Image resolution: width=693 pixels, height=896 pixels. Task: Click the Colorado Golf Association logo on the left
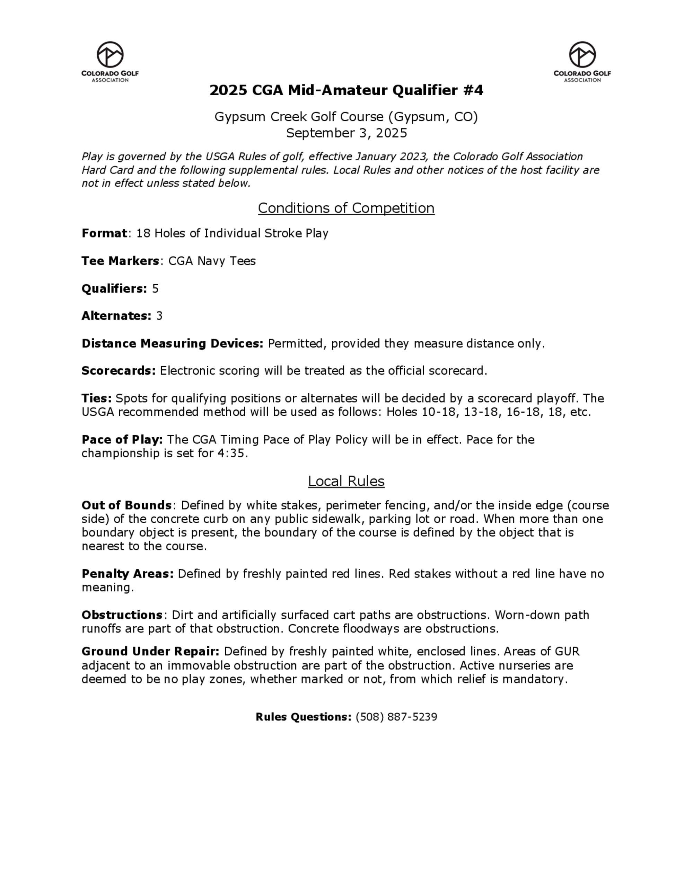[x=110, y=62]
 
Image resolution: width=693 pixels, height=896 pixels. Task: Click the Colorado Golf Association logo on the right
[x=582, y=62]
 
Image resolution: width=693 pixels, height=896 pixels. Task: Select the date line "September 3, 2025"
[x=346, y=133]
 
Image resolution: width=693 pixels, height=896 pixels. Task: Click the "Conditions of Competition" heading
[x=346, y=208]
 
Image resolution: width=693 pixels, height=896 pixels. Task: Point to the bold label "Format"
[x=104, y=233]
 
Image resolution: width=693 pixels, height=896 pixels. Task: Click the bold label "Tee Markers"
[x=120, y=261]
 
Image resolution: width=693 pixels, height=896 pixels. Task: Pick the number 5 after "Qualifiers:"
[x=155, y=288]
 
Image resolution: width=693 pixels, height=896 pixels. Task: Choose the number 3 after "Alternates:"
[x=159, y=316]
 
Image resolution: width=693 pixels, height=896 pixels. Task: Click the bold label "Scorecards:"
[x=119, y=371]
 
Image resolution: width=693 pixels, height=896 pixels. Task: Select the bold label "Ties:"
[x=96, y=398]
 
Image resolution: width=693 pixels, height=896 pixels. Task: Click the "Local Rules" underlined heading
[x=346, y=481]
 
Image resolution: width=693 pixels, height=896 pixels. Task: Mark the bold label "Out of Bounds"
[x=126, y=505]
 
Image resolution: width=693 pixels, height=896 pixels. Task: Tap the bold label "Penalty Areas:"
[x=128, y=574]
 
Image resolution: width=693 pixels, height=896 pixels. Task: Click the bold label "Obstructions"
[x=122, y=615]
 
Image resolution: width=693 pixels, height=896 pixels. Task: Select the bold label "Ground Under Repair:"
[x=150, y=652]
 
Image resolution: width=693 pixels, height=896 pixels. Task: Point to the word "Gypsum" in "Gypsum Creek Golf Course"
[x=240, y=117]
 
